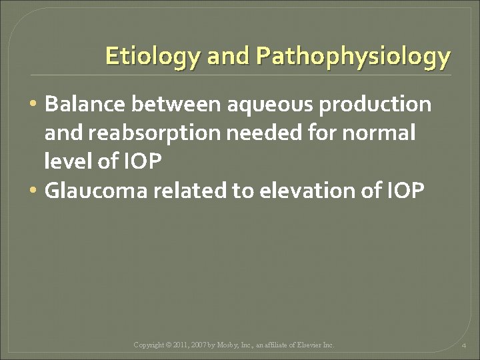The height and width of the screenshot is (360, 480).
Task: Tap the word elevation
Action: pyautogui.click(x=306, y=191)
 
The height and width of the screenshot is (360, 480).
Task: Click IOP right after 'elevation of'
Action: pyautogui.click(x=405, y=191)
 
